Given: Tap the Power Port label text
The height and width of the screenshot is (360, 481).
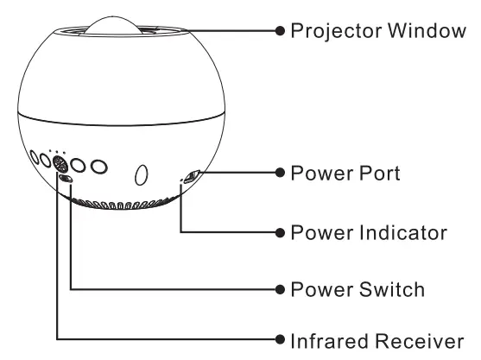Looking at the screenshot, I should (345, 174).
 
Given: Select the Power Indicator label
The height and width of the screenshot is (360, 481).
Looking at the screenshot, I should (370, 233).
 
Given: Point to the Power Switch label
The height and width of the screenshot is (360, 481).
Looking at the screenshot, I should (358, 289).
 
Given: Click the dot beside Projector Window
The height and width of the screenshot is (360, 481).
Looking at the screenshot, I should (279, 32).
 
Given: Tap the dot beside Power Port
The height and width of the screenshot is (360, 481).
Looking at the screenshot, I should (279, 174).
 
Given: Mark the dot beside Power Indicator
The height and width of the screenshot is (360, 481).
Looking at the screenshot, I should (279, 233).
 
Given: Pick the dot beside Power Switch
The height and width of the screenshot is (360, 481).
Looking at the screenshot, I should (279, 289).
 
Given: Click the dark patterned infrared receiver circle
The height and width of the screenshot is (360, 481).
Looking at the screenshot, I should (60, 163).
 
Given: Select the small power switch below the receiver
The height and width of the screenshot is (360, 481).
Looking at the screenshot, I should (66, 179).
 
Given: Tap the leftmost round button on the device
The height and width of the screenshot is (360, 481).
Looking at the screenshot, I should (35, 158).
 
